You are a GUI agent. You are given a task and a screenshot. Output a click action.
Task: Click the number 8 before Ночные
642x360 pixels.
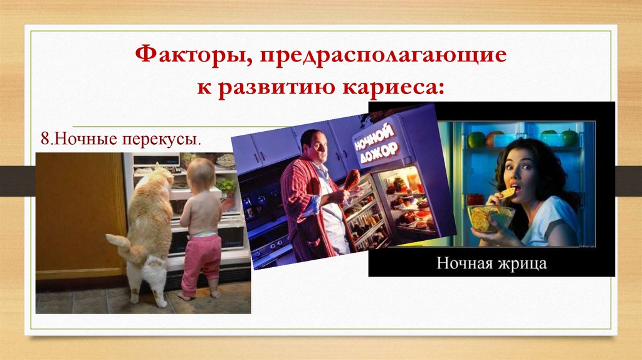tap(45, 139)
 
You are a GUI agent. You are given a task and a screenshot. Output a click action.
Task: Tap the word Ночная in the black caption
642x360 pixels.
tap(463, 263)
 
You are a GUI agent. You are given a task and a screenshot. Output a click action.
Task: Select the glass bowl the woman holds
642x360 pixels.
tap(490, 218)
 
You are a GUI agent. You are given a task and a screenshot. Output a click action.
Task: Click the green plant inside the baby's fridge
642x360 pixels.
tap(226, 186)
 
